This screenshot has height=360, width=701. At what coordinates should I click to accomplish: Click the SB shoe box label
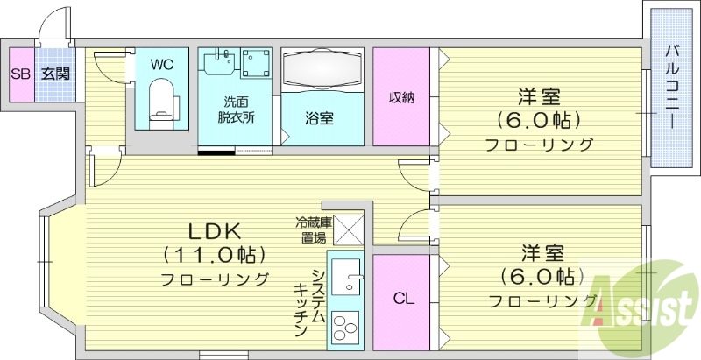coord(18,74)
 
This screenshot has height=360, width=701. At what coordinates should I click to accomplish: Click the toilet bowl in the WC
coord(162,99)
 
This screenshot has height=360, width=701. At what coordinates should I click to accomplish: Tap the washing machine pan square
coord(258,64)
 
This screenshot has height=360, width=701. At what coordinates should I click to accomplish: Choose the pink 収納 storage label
coord(401,97)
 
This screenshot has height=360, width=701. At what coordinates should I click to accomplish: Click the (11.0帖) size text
coord(215,255)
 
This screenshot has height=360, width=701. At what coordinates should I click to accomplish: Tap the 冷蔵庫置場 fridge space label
coord(312,229)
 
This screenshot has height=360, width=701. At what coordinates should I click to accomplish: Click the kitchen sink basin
coord(347,279)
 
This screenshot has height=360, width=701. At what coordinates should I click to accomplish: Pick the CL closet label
coord(402,299)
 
